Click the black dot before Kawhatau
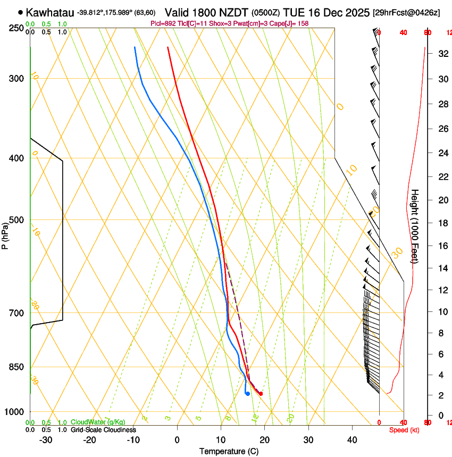click(20, 12)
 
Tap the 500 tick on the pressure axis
click(16, 220)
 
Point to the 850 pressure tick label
click(16, 367)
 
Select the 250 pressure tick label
click(16, 28)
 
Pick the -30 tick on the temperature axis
click(46, 440)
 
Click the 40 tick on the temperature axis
click(352, 440)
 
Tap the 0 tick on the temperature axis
click(177, 440)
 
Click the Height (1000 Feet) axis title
click(415, 226)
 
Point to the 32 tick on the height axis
click(441, 53)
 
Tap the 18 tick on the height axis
click(441, 223)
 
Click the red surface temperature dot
click(261, 394)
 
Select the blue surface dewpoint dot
click(248, 394)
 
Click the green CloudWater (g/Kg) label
click(98, 422)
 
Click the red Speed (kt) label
click(404, 430)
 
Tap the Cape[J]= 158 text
click(289, 23)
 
